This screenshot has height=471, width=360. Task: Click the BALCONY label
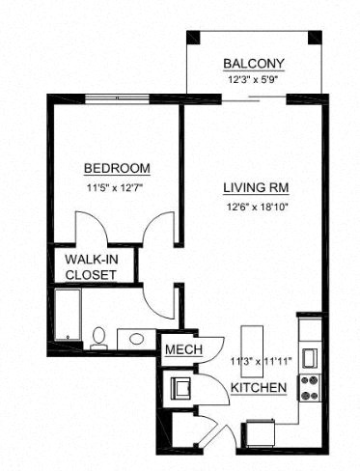click(x=254, y=64)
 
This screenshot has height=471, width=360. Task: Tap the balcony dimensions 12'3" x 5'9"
click(x=254, y=80)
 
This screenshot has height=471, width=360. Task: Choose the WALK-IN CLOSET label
click(x=91, y=267)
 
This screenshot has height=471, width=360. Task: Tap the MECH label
click(x=180, y=349)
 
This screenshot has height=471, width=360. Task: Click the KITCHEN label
click(x=259, y=388)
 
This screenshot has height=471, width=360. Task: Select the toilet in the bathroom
click(x=97, y=337)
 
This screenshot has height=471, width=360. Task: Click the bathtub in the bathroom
click(x=68, y=317)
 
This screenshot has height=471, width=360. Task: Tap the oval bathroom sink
click(x=136, y=339)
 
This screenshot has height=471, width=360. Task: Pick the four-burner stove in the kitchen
click(x=310, y=387)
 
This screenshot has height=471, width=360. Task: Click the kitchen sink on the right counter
click(x=310, y=356)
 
